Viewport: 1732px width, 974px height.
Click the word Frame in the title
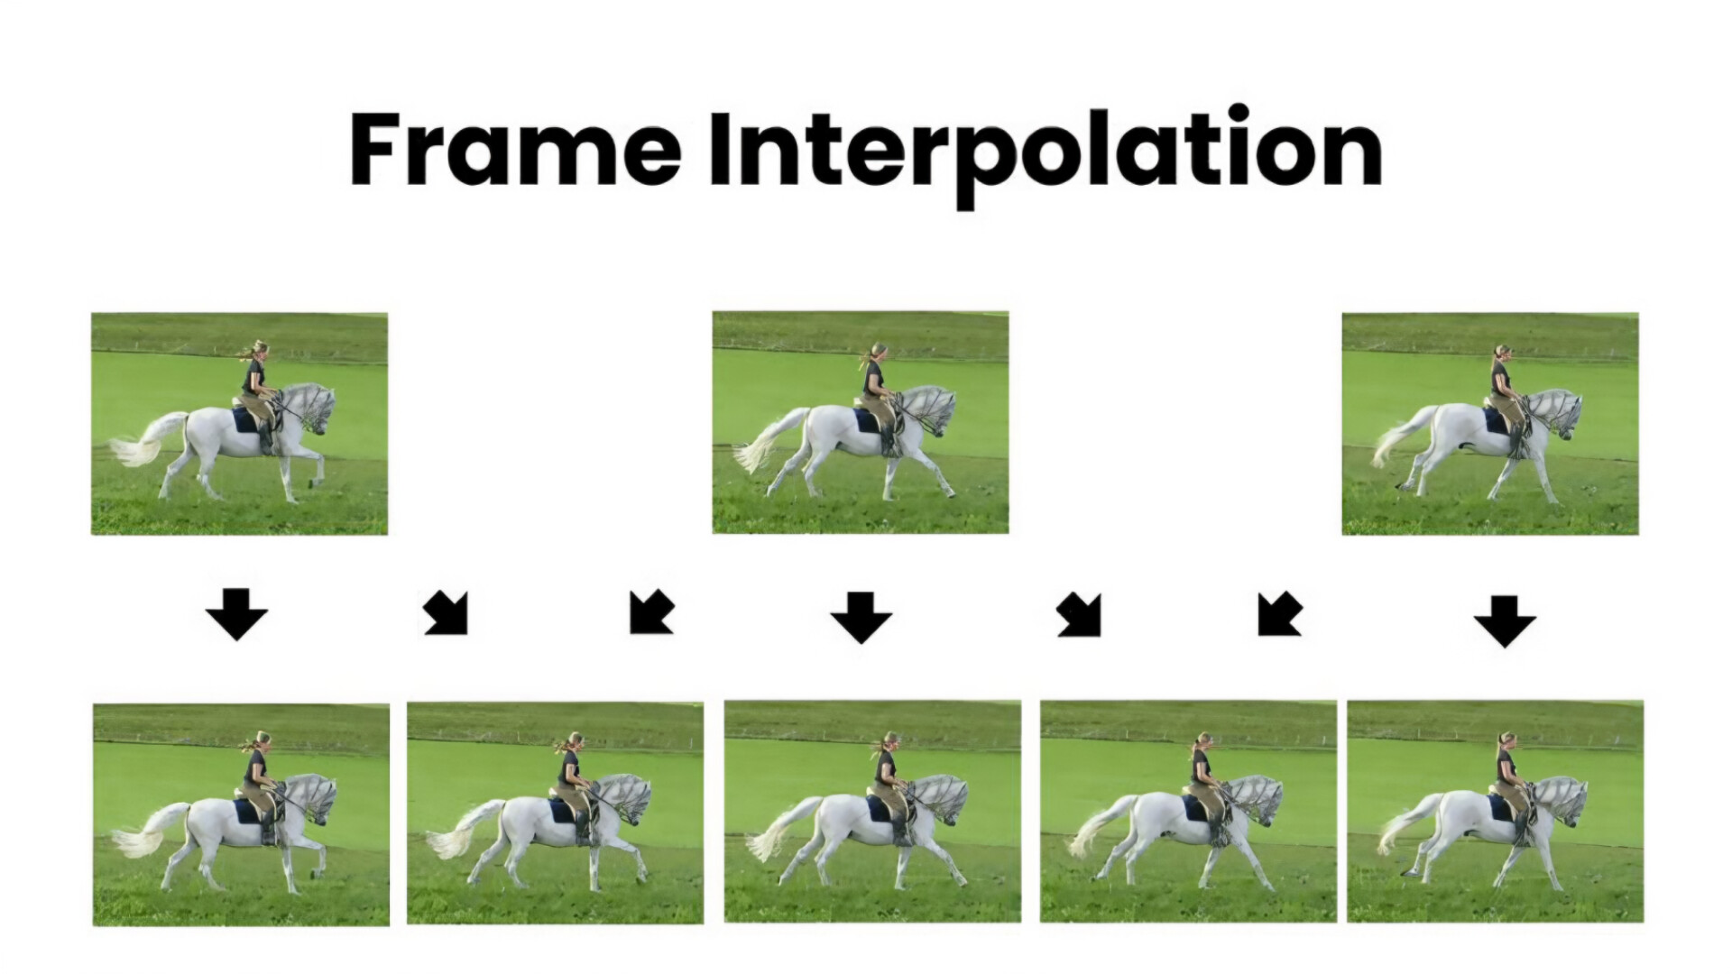click(515, 150)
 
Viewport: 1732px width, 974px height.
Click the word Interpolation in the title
click(1046, 156)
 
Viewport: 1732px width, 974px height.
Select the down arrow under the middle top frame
click(861, 618)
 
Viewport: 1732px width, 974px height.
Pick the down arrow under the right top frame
click(1505, 621)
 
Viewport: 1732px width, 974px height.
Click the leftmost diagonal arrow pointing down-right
click(447, 613)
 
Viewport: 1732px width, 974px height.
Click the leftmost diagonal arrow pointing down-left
click(651, 612)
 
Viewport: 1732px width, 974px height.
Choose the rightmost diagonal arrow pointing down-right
click(1079, 615)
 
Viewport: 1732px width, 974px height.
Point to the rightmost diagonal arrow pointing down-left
click(1279, 614)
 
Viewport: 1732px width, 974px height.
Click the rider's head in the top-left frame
click(259, 351)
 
